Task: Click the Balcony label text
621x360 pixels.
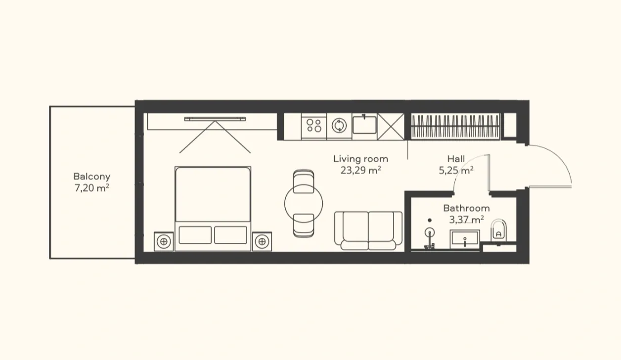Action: click(92, 177)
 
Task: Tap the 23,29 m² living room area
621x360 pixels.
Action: click(360, 170)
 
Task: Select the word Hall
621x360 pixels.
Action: click(456, 159)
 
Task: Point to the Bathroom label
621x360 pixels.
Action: click(466, 208)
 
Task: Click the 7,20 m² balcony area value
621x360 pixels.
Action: click(92, 188)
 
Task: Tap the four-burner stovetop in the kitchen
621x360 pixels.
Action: click(314, 126)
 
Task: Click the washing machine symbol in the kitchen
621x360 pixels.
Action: click(339, 126)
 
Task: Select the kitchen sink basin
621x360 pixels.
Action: click(364, 125)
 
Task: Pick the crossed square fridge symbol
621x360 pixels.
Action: click(391, 127)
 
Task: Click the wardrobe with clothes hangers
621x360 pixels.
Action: click(455, 126)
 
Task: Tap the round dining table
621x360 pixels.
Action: click(304, 204)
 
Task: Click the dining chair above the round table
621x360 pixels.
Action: click(304, 181)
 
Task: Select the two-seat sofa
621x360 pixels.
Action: click(368, 230)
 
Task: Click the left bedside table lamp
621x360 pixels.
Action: click(164, 242)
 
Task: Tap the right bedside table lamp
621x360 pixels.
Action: click(262, 242)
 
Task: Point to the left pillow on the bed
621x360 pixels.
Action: click(195, 235)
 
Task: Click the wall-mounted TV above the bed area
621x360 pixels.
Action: click(215, 119)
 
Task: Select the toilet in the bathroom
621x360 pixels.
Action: click(498, 230)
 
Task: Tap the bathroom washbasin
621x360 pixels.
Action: click(465, 239)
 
